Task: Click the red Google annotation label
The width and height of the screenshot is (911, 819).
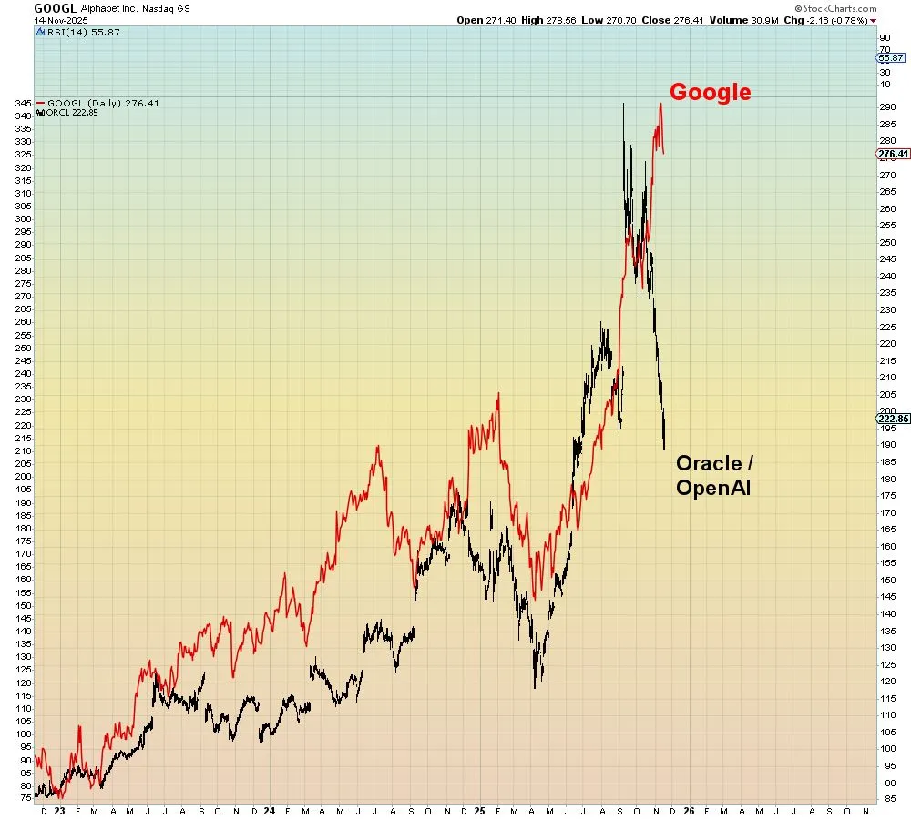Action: [711, 92]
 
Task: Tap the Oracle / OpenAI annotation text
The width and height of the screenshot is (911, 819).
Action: [714, 475]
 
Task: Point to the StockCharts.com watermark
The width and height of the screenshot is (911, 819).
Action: [835, 8]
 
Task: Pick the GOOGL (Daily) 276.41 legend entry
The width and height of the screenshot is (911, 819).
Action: [102, 103]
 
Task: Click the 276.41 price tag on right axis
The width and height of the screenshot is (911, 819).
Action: [894, 154]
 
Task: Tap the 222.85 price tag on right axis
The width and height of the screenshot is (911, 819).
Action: [894, 419]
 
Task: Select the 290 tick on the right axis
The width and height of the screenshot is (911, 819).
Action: [860, 107]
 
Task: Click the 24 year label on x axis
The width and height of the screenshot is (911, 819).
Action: [270, 809]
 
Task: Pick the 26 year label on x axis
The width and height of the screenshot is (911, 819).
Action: [689, 809]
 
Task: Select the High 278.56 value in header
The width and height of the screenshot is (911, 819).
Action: [554, 20]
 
